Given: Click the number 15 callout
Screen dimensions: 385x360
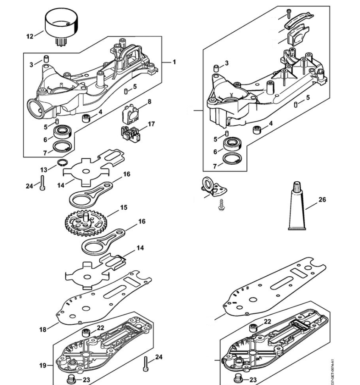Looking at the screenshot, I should tap(124, 208).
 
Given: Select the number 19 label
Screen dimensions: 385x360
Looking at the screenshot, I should tap(43, 365).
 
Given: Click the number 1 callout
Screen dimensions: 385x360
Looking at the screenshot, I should tap(174, 62).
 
